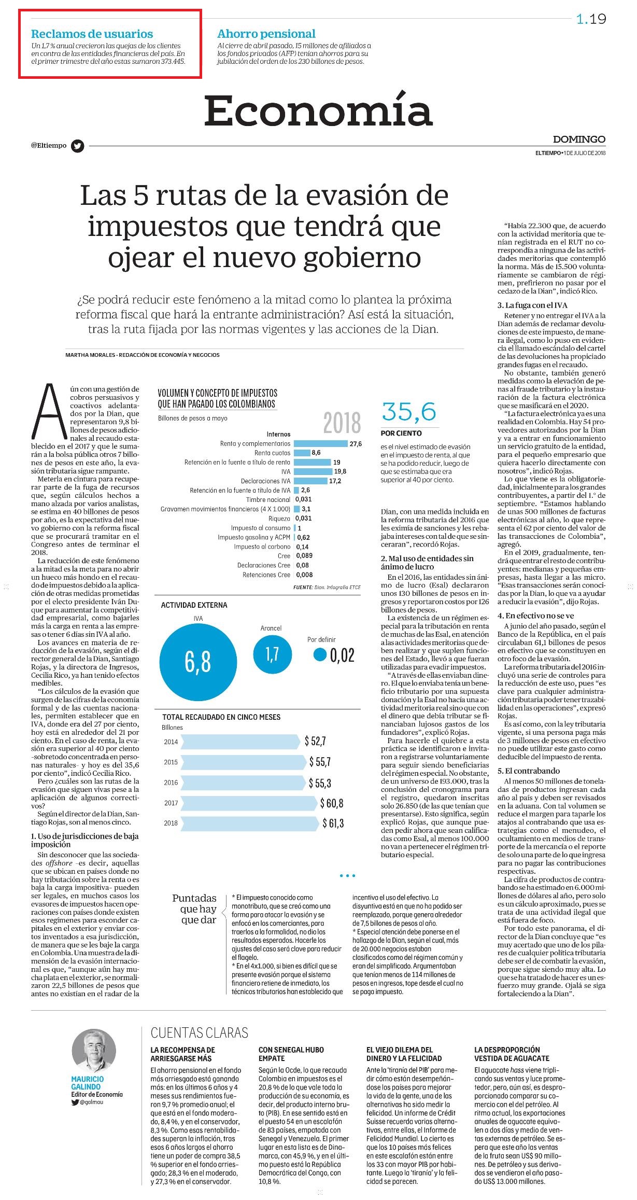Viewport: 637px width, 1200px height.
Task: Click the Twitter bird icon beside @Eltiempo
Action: pos(78,146)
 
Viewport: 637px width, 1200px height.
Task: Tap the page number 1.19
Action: pos(591,19)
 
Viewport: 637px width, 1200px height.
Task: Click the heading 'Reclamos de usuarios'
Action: pos(92,34)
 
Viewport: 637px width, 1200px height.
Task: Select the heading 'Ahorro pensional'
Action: pos(266,34)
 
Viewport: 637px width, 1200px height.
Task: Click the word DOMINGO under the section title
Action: pos(579,139)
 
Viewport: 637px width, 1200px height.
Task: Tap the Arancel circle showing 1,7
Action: pos(272,654)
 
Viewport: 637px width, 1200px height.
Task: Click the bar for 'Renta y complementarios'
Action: pos(320,444)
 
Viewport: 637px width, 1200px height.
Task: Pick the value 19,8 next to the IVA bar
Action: pos(340,471)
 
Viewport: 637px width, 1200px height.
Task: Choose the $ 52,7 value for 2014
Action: pos(315,741)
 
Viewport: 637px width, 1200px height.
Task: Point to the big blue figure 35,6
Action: pos(409,412)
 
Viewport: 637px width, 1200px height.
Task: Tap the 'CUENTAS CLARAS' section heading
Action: pos(200,1032)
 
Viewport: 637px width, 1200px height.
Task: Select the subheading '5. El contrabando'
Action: pos(529,771)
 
